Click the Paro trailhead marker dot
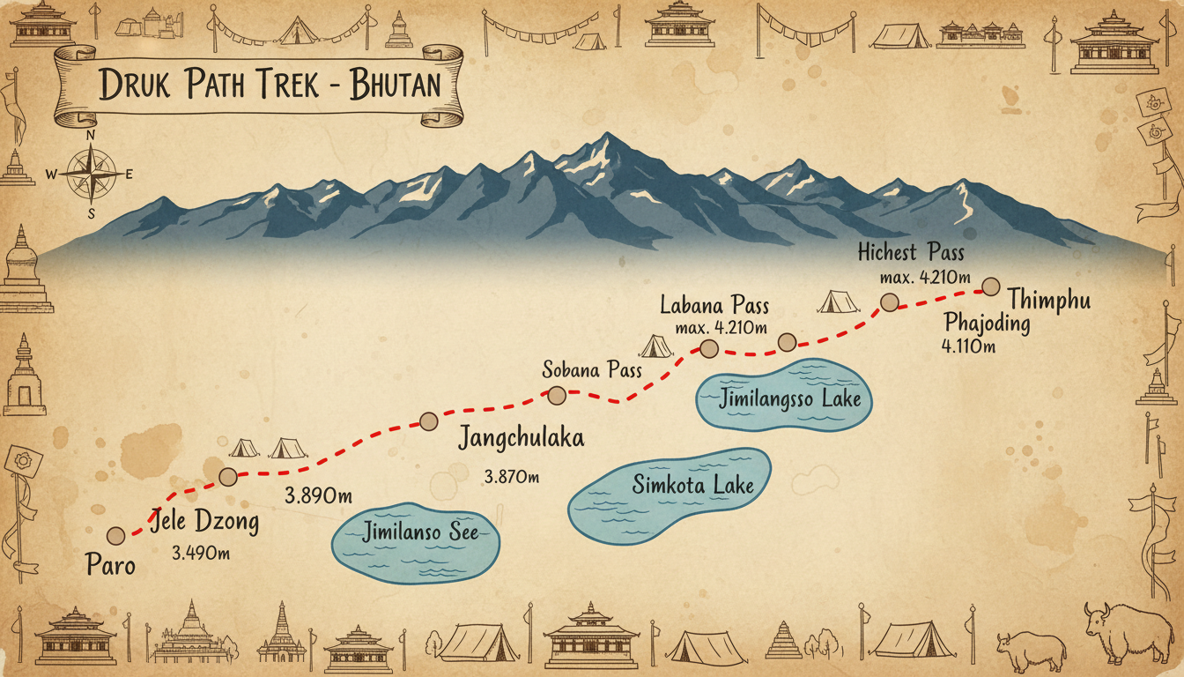(x=115, y=535)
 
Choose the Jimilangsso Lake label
(x=789, y=399)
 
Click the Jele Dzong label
(x=205, y=522)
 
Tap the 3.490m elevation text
(x=203, y=554)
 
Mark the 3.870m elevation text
(x=511, y=477)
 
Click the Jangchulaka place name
(x=521, y=438)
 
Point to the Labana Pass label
(x=714, y=307)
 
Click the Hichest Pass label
(x=911, y=253)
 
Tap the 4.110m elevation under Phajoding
(x=968, y=346)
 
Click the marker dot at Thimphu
(x=990, y=286)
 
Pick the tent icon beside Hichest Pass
(x=838, y=301)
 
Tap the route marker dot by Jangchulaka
(x=428, y=421)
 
